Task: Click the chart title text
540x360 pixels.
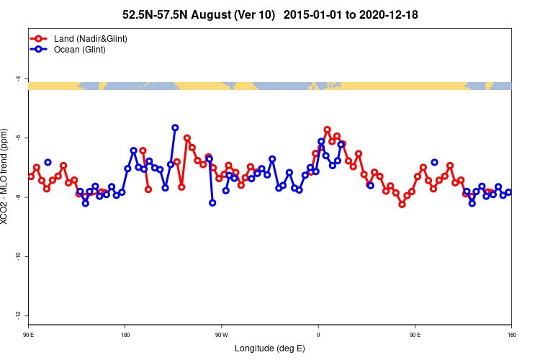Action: [270, 14]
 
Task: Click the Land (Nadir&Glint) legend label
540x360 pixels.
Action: [91, 38]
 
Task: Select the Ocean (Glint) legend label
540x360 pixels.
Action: [80, 50]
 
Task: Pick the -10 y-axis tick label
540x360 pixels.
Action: [19, 256]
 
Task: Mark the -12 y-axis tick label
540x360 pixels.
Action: [19, 316]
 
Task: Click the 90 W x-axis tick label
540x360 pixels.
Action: [221, 334]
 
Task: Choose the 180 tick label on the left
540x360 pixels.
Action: [125, 334]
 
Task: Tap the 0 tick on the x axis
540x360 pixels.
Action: [318, 334]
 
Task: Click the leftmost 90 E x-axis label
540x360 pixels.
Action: [29, 334]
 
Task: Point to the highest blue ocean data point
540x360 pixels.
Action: [175, 127]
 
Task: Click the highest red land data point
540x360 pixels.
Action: [327, 130]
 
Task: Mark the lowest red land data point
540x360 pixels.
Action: [402, 204]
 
